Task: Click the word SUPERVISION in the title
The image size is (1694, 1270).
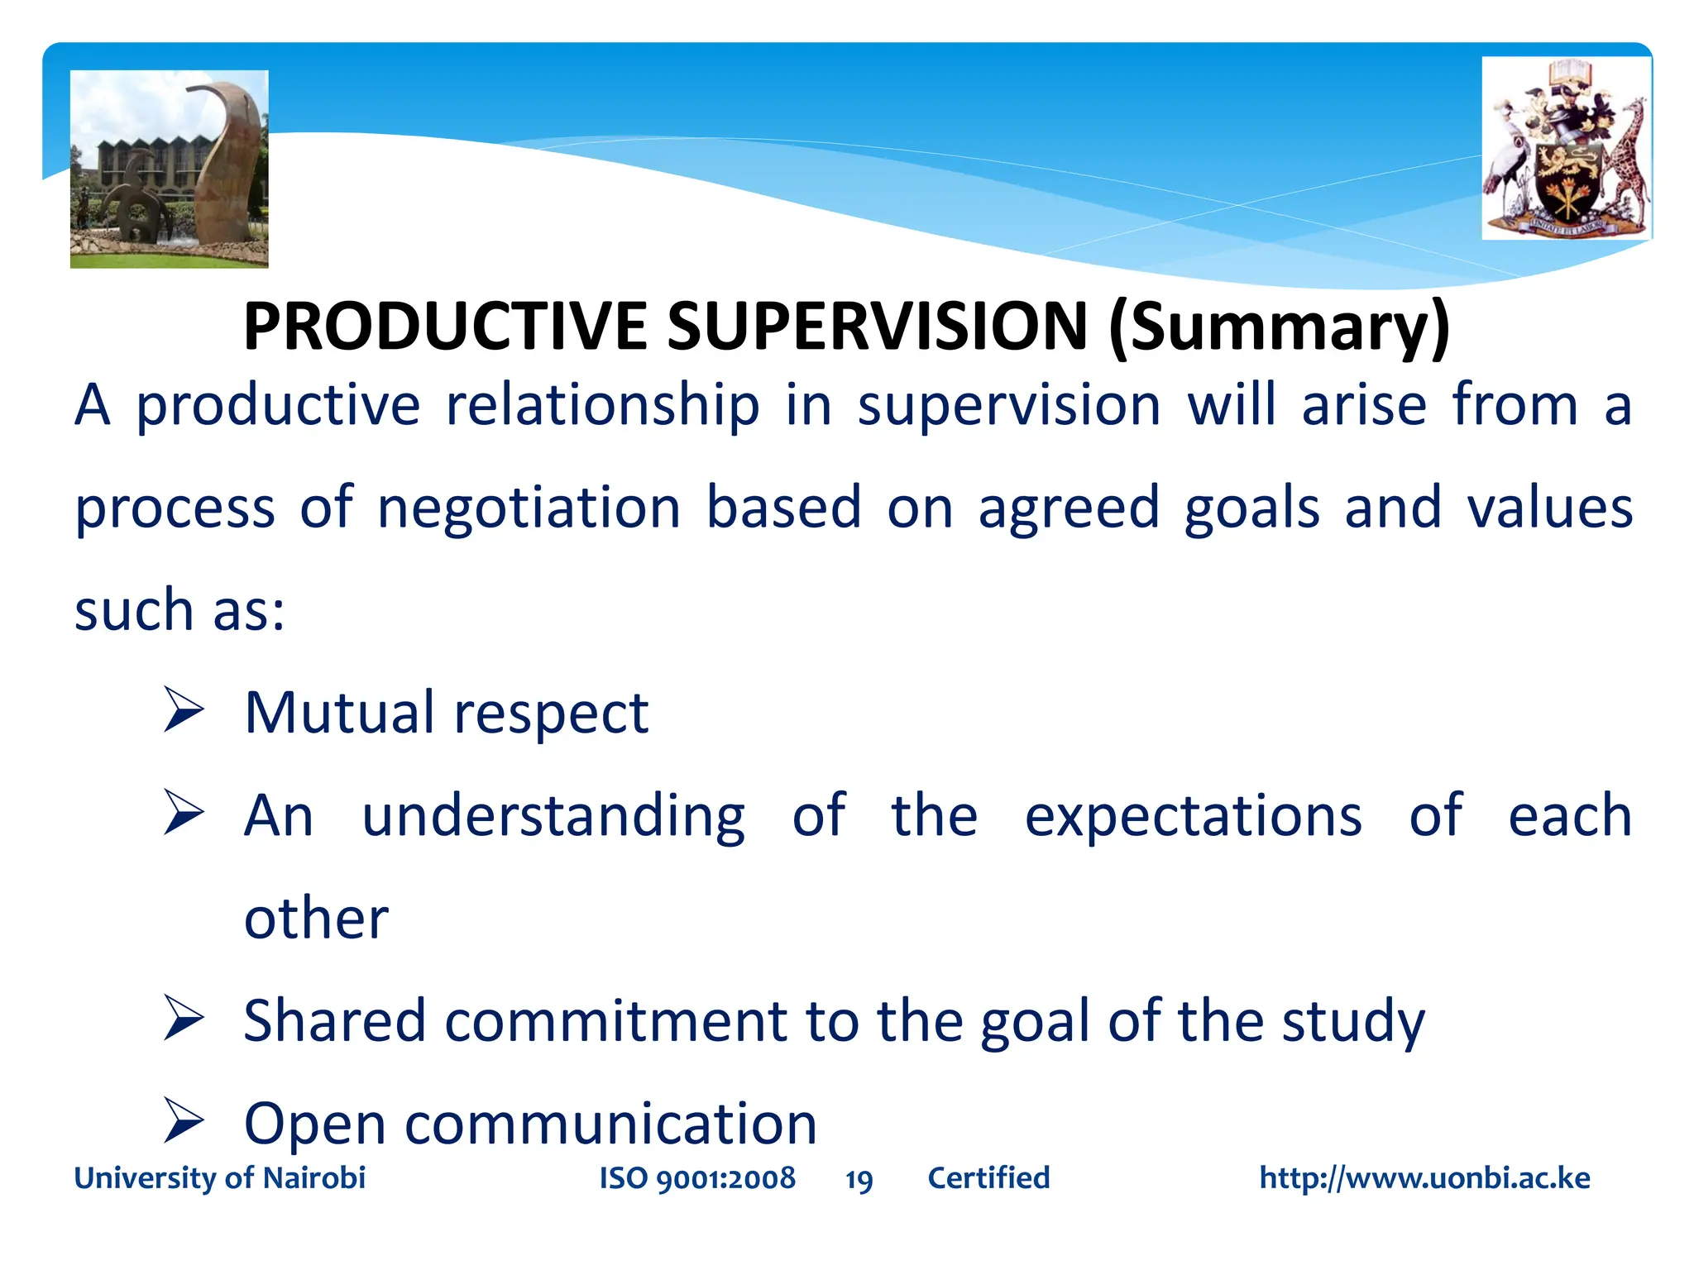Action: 877,326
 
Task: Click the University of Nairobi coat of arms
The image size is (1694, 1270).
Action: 1566,149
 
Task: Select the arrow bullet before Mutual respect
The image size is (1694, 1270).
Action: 184,710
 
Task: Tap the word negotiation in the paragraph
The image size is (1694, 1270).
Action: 529,508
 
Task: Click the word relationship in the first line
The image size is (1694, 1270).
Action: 602,405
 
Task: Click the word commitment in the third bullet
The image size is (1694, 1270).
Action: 615,1022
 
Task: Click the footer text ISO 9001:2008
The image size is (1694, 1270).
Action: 697,1178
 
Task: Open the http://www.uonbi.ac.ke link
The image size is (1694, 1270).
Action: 1424,1178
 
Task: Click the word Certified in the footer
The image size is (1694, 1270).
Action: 988,1178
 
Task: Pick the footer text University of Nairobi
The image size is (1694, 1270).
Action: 220,1178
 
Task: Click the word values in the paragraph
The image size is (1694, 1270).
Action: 1549,508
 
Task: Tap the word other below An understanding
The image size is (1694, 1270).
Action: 316,918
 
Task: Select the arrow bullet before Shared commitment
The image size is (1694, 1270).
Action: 184,1019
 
